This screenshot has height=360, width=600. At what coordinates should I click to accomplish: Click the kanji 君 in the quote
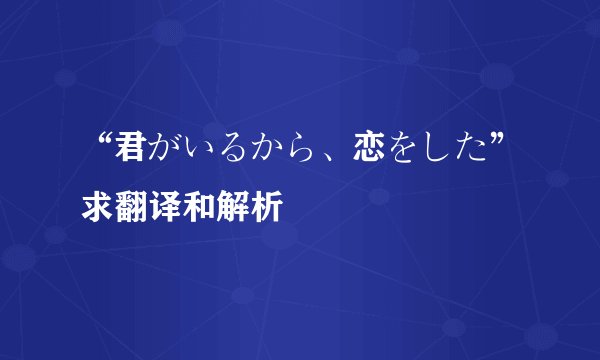130,150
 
